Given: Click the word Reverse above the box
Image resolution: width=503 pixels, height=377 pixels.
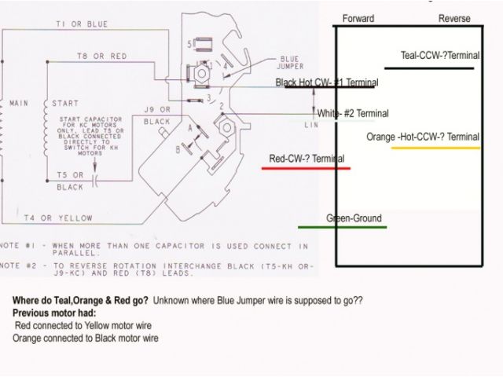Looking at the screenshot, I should pyautogui.click(x=453, y=18).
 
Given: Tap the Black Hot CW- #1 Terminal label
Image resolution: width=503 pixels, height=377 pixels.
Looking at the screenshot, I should pyautogui.click(x=326, y=82).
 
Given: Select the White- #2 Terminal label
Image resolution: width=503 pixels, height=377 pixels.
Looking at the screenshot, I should pyautogui.click(x=353, y=113).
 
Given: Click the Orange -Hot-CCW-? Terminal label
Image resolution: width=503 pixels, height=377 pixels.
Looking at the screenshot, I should pyautogui.click(x=434, y=137).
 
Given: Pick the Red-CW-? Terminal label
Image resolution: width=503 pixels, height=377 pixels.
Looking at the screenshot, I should pyautogui.click(x=307, y=159).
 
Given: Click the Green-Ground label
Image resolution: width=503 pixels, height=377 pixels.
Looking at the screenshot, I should pyautogui.click(x=354, y=218).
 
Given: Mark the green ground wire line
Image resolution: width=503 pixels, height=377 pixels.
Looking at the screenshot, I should pyautogui.click(x=342, y=228).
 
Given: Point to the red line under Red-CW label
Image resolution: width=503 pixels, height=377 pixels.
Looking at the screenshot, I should pyautogui.click(x=306, y=168).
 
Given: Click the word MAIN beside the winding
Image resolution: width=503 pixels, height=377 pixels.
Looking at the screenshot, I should pyautogui.click(x=18, y=103).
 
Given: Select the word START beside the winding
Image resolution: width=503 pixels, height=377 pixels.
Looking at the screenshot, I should pyautogui.click(x=65, y=103).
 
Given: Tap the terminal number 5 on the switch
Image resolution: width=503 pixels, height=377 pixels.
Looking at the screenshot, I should pyautogui.click(x=189, y=45).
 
